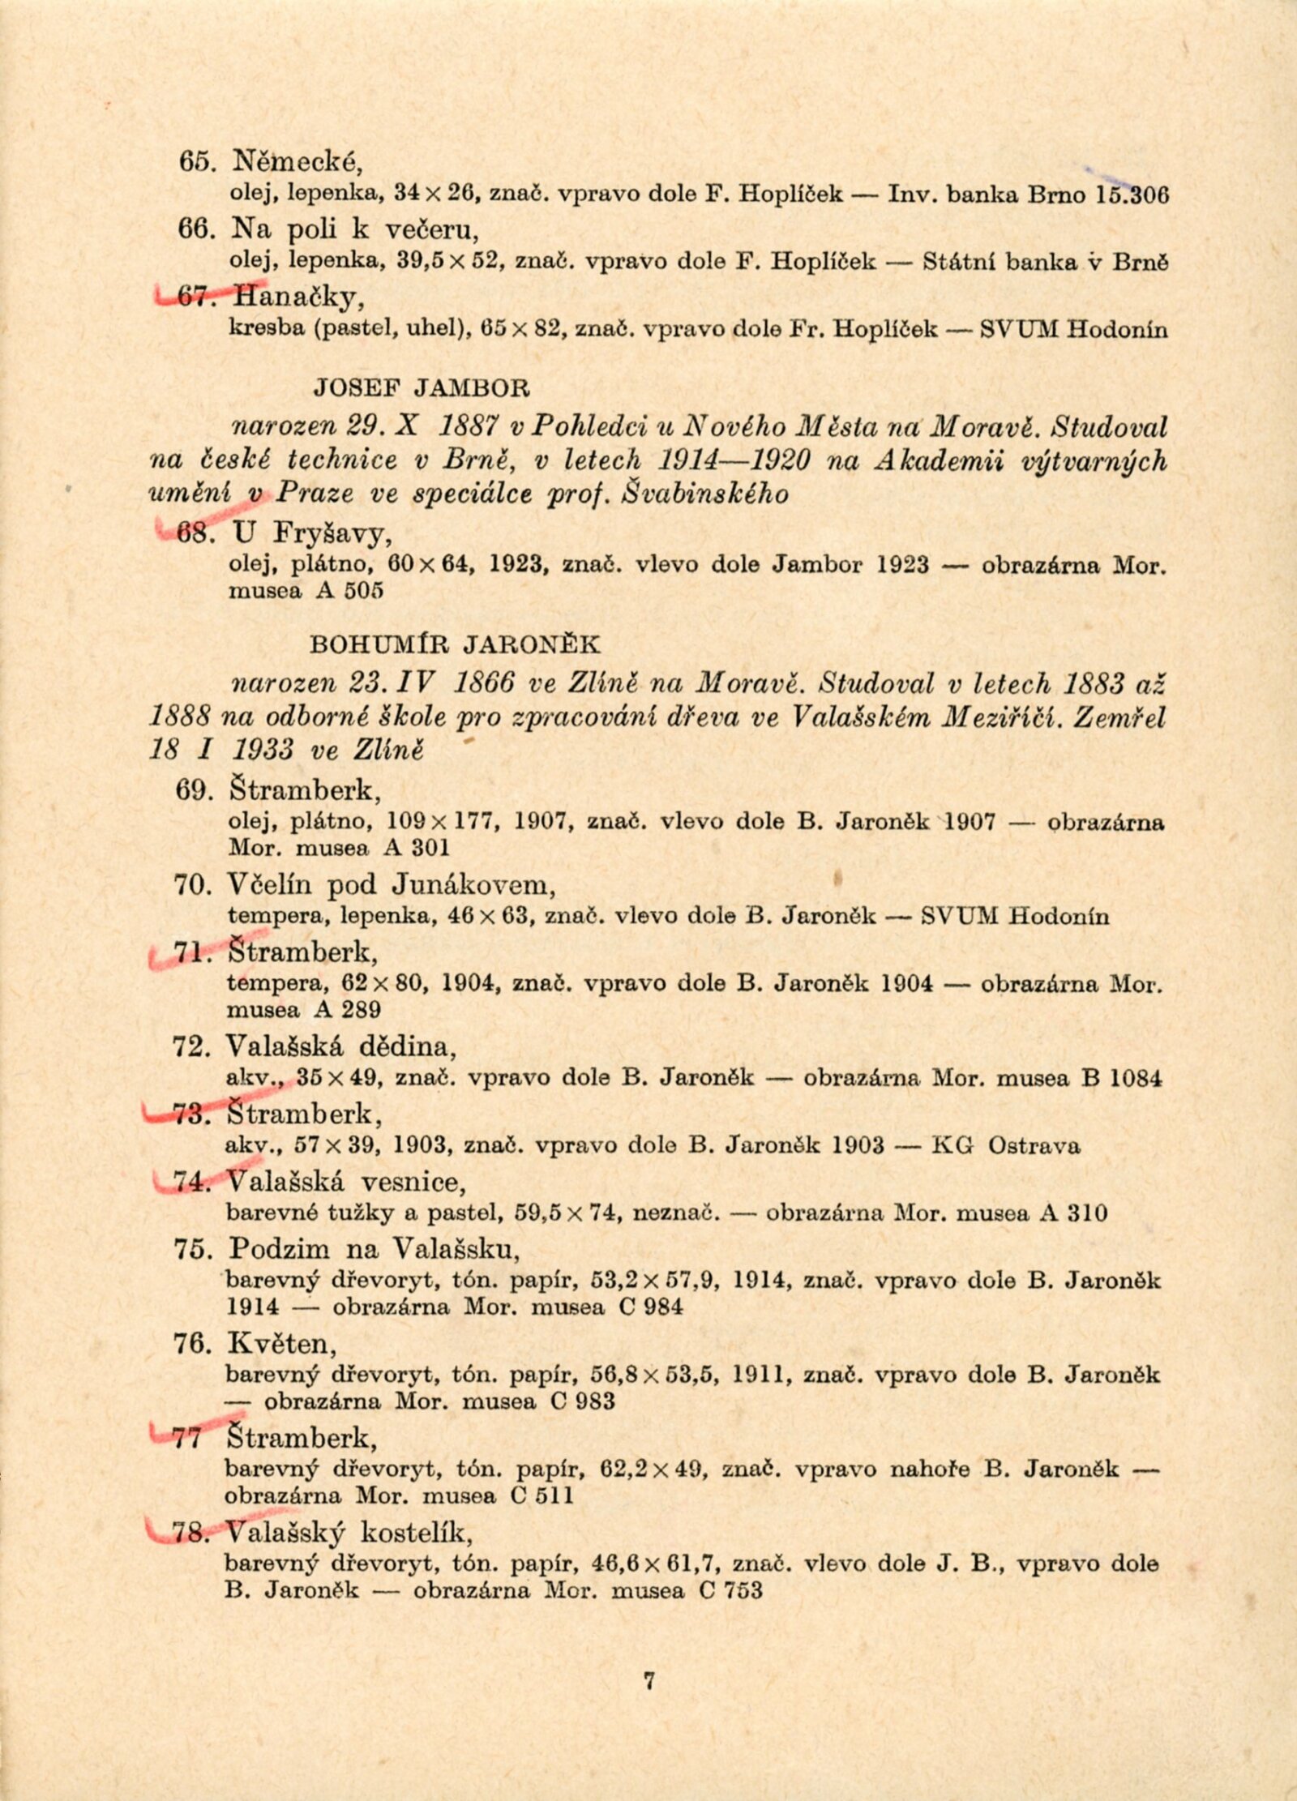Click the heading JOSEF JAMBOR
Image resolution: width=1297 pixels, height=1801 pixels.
point(422,388)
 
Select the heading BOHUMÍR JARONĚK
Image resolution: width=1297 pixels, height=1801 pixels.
point(456,644)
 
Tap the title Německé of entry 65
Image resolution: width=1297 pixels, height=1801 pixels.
point(297,163)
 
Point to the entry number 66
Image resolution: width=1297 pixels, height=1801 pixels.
point(194,229)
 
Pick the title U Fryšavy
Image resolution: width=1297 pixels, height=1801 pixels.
point(313,533)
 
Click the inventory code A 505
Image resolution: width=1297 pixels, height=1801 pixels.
point(350,591)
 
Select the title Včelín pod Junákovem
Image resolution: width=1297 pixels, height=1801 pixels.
point(392,883)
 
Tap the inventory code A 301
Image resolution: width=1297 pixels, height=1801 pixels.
point(417,848)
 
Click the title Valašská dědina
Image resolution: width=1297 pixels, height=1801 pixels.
point(340,1047)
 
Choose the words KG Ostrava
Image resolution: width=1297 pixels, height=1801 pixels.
point(1006,1146)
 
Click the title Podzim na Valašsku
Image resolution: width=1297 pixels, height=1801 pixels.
point(374,1248)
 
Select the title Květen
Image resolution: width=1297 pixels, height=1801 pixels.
point(281,1343)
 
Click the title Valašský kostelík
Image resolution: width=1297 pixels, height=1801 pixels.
point(349,1533)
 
